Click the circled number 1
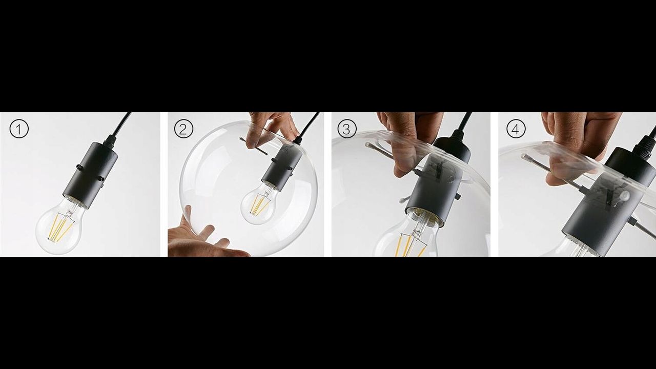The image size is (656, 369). (x=19, y=129)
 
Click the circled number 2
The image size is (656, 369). (x=184, y=129)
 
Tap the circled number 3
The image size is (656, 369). (x=347, y=129)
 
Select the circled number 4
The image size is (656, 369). (x=516, y=129)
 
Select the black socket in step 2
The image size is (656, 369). (x=281, y=167)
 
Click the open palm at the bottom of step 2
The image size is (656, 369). (x=199, y=237)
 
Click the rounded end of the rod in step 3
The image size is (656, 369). (x=368, y=145)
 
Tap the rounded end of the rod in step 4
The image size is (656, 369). (x=524, y=156)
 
